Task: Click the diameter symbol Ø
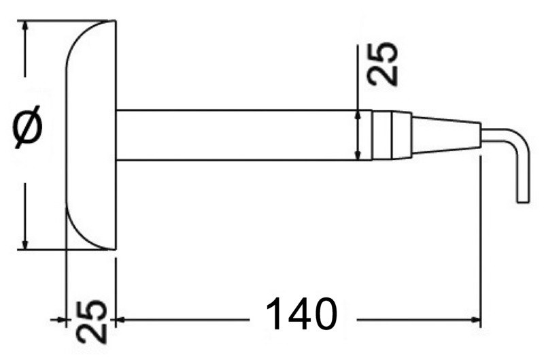pos(28,127)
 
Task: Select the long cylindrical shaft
pos(238,135)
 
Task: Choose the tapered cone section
pos(445,135)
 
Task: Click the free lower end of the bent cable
pos(522,199)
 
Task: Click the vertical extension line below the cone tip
pos(480,238)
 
